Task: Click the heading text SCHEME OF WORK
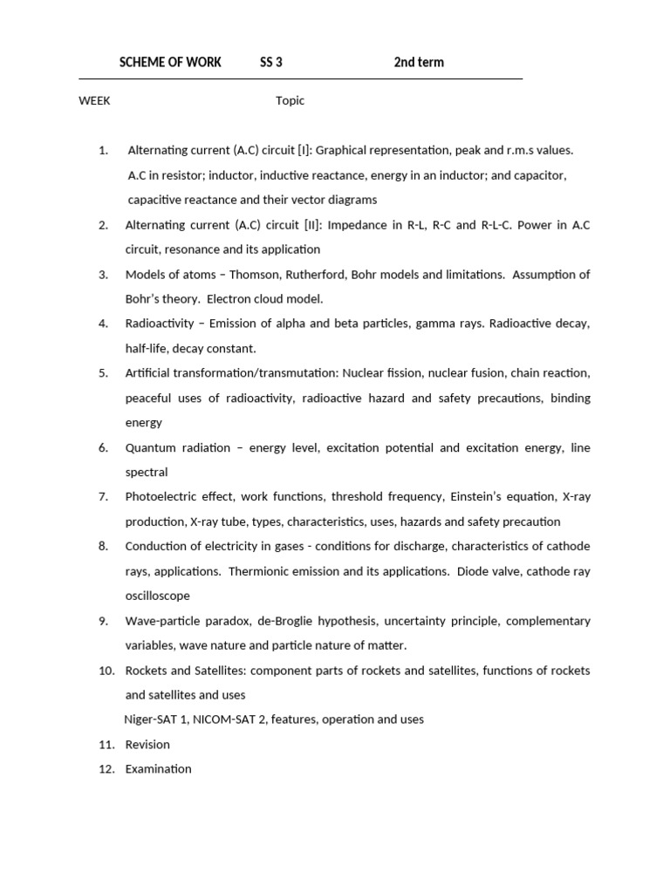coord(170,62)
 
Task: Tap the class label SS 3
coord(271,62)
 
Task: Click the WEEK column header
coord(94,100)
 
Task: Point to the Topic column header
coord(291,100)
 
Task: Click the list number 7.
coord(103,497)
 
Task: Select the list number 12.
coord(106,769)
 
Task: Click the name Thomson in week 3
coord(257,275)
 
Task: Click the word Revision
coord(147,745)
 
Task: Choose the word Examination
coord(158,769)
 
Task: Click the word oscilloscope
coord(157,596)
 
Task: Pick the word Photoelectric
coord(159,497)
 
